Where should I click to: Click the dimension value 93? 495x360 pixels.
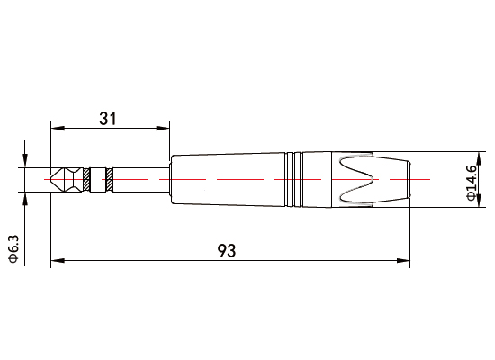pyautogui.click(x=228, y=251)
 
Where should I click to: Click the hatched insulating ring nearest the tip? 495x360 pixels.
pyautogui.click(x=87, y=180)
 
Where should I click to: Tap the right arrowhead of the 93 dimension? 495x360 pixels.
pyautogui.click(x=403, y=262)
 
